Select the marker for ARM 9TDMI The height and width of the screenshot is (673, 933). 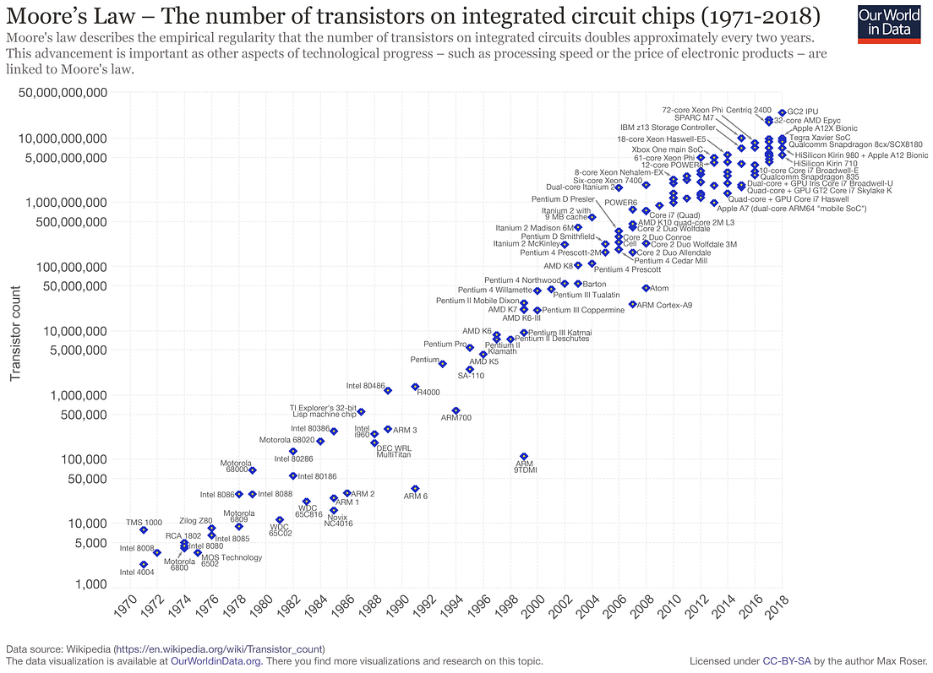point(524,457)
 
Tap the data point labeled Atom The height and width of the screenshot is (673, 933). point(646,288)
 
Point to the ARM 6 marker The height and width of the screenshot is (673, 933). point(415,489)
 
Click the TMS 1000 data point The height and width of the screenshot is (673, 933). point(144,529)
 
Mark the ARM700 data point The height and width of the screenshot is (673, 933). point(456,410)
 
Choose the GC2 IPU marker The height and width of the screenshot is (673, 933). point(782,112)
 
